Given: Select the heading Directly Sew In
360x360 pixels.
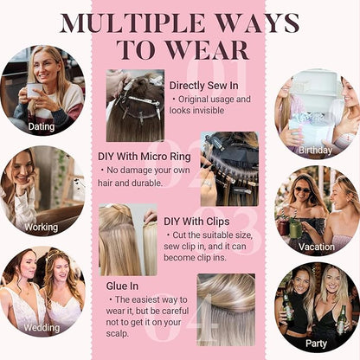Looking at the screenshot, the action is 204,86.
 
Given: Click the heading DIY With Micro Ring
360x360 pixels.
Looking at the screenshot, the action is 145,157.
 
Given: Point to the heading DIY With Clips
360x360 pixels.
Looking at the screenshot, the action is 196,222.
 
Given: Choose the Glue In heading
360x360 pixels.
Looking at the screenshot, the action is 122,286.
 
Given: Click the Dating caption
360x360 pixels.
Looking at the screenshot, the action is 42,126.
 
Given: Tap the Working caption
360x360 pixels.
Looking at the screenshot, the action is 42,227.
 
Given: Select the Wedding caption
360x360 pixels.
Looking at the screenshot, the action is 42,327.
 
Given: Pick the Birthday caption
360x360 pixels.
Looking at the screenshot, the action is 315,150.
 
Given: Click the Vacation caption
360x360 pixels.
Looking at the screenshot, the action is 317,247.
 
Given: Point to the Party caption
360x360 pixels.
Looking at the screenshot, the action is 316,344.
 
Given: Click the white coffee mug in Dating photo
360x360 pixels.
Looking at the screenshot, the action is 32,90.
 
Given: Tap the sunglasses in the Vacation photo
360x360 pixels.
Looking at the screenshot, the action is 302,190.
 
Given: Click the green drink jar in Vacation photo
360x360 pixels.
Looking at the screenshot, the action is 295,228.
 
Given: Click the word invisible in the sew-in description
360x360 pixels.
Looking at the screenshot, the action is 209,110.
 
